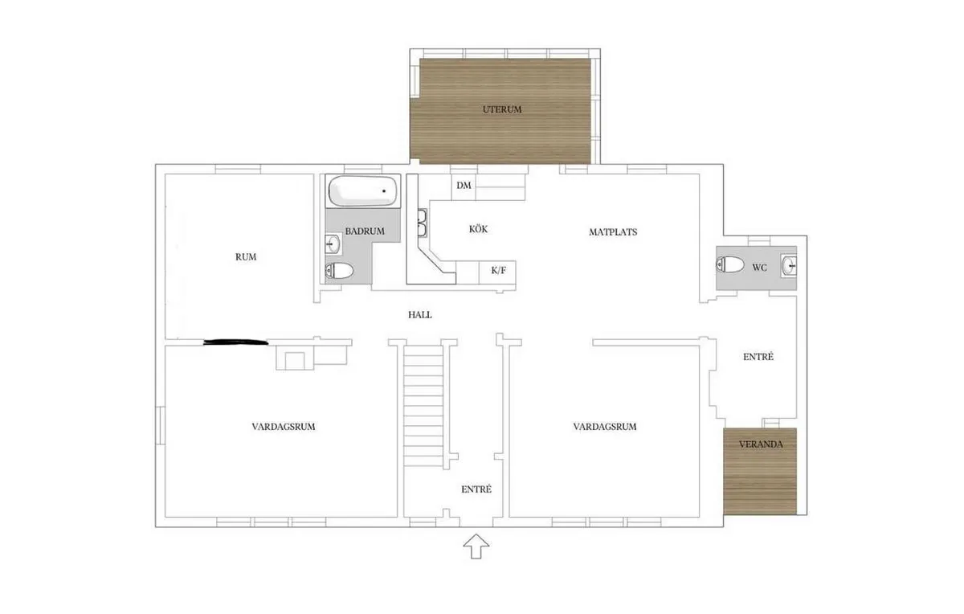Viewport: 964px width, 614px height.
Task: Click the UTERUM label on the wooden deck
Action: [502, 109]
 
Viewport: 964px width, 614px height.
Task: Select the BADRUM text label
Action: [364, 231]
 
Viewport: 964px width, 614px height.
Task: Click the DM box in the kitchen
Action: [464, 186]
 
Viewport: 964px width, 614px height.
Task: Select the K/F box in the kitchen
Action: [498, 271]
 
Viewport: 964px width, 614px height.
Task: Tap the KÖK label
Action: [479, 229]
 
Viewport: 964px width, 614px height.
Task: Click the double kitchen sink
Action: [422, 222]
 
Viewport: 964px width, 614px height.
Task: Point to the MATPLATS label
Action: [612, 231]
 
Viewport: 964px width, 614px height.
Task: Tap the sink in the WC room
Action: [789, 264]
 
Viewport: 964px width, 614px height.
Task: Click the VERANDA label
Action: [759, 443]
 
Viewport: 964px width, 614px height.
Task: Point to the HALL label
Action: [420, 315]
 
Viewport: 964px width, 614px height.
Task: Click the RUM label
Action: [246, 257]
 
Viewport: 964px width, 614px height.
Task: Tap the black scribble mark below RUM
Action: [235, 343]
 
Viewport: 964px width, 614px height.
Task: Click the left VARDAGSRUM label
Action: [283, 427]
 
